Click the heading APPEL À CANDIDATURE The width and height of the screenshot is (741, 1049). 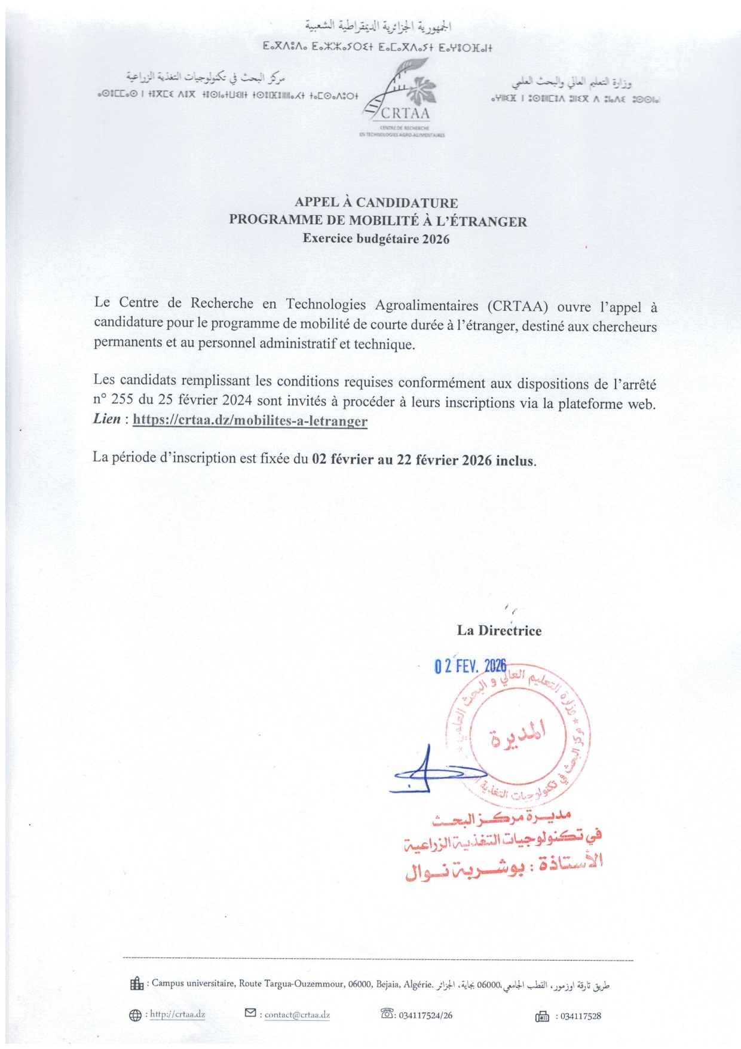pos(376,203)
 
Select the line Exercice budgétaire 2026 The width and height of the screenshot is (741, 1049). pos(376,239)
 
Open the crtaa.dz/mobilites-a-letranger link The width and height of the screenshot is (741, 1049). pos(250,420)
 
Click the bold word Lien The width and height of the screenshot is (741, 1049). pos(107,418)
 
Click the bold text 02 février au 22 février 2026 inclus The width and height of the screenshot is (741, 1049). pos(424,460)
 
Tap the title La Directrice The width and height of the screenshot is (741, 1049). pos(499,631)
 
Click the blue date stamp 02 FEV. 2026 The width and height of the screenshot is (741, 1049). pos(470,666)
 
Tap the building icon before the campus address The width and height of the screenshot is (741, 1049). pos(136,983)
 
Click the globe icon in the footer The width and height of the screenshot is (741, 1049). pos(135,1015)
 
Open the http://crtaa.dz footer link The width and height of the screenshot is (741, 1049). pos(177,1014)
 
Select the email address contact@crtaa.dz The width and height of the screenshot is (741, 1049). pos(297,1015)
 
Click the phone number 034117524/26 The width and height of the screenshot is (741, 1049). pos(425,1015)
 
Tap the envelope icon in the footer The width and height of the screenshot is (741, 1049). pos(250,1013)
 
